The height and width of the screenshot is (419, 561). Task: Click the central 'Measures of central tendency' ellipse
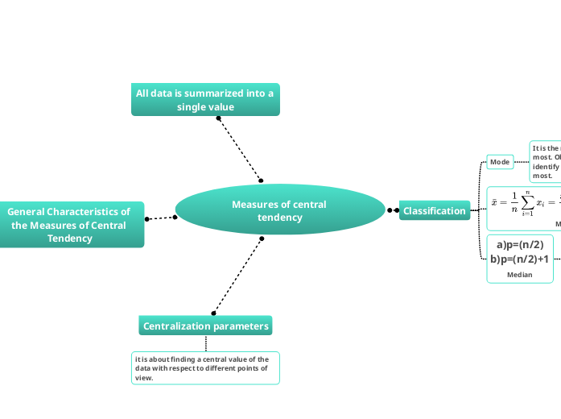(x=279, y=210)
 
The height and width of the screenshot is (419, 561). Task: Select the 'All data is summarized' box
(x=205, y=100)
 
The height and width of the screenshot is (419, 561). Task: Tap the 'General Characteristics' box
(x=71, y=225)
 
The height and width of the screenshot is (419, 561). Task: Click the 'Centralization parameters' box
(x=205, y=326)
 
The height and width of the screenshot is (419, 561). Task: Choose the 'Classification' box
(x=435, y=211)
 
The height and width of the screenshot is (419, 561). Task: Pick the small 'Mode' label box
(x=500, y=162)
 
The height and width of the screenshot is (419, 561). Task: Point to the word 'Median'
(x=520, y=275)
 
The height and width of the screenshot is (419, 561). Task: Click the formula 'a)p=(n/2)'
(x=520, y=245)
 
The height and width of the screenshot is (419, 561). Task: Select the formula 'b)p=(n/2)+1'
(x=520, y=259)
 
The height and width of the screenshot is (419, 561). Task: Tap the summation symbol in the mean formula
(x=528, y=202)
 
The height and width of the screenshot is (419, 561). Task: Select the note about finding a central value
(x=205, y=368)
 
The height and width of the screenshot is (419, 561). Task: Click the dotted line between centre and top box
(x=239, y=149)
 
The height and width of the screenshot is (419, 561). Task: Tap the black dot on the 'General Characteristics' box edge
(x=146, y=218)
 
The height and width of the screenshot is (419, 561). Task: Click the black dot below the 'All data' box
(x=218, y=118)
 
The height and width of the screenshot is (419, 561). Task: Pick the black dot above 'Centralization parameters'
(x=213, y=313)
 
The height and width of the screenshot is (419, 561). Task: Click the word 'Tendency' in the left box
(x=70, y=238)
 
